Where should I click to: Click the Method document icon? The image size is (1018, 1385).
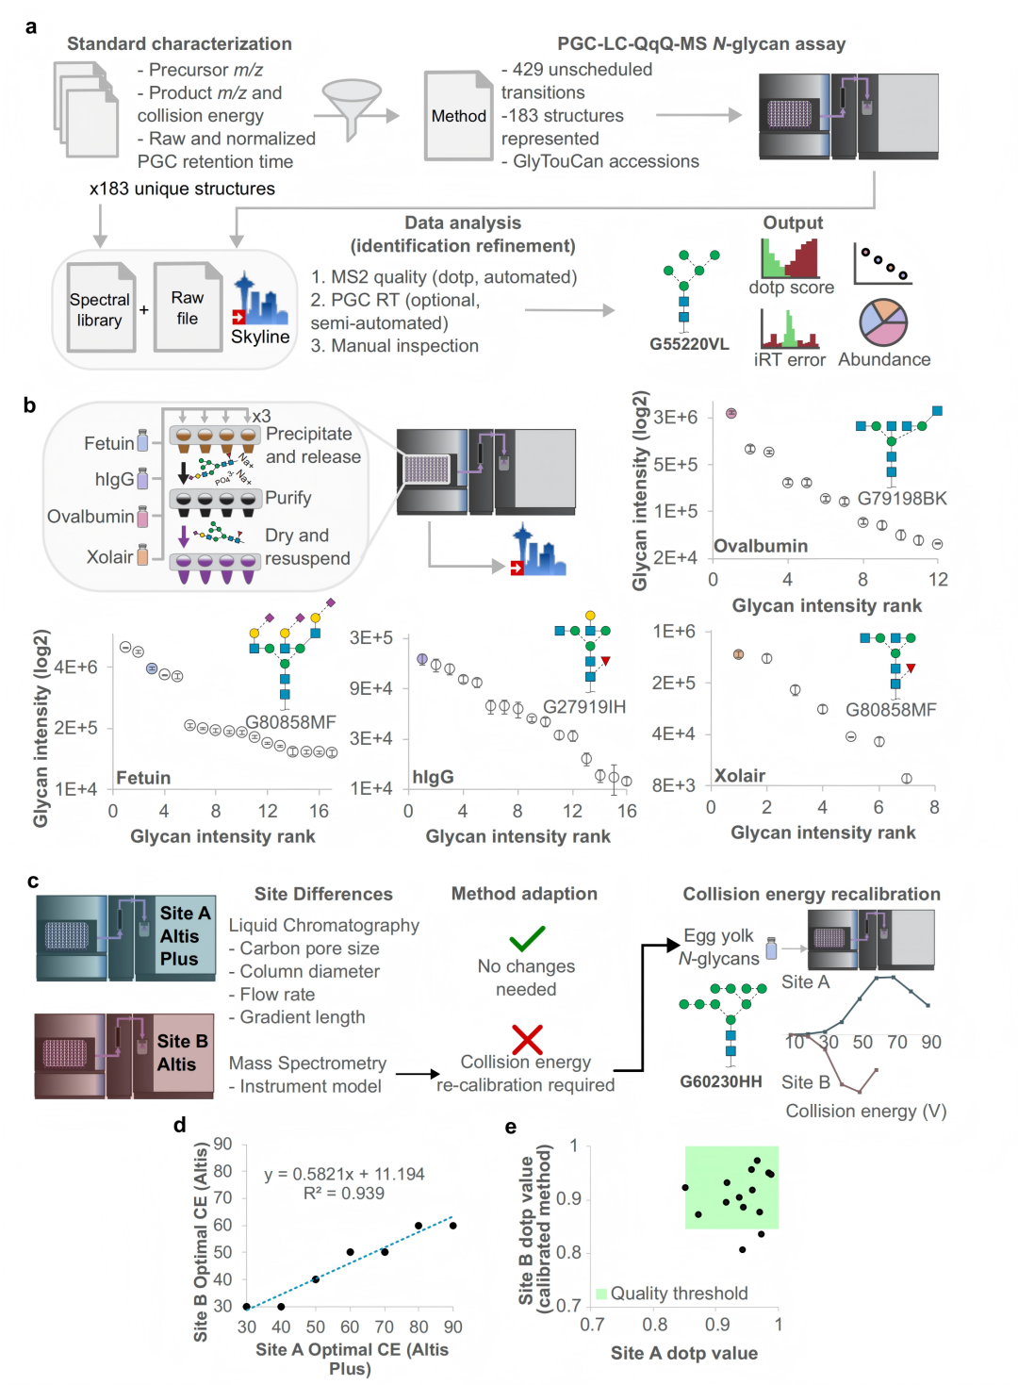458,116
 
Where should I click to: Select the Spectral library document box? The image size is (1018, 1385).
100,307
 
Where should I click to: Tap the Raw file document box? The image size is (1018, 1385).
188,307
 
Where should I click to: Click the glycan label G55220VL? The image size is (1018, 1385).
688,344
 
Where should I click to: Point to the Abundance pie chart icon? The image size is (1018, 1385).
882,322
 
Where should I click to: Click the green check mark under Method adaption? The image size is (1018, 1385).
527,938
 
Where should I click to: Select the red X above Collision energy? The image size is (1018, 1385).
527,1039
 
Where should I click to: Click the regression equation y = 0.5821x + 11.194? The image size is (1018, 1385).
344,1174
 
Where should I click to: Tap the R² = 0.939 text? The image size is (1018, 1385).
344,1193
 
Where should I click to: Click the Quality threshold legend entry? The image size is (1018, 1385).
671,1293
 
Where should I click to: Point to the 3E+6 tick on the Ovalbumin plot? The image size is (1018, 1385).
676,417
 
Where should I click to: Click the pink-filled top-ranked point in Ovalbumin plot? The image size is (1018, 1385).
731,413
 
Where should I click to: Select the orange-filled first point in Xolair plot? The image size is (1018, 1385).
738,654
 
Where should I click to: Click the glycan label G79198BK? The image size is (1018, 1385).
902,499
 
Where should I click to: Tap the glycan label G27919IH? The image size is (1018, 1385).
584,706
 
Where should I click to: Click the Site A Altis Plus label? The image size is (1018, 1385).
185,935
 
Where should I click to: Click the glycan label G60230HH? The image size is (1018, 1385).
720,1080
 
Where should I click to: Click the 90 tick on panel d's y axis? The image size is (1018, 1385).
222,1144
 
